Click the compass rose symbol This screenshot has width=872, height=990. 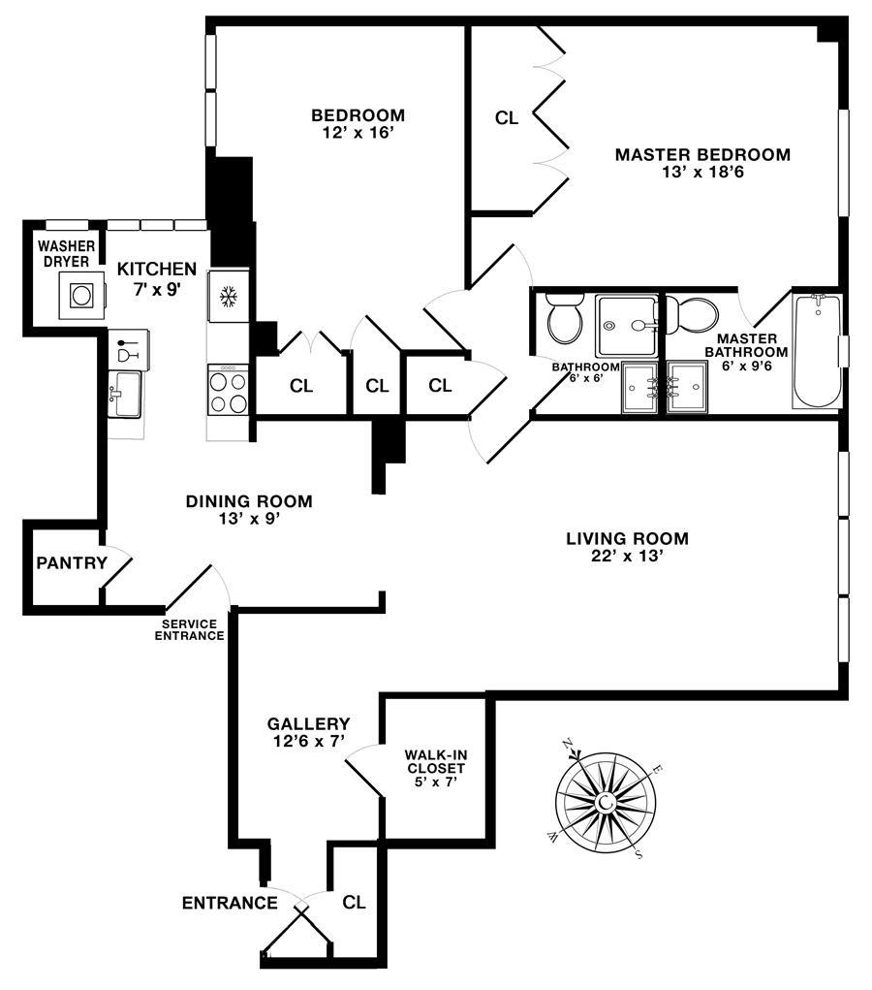pos(605,801)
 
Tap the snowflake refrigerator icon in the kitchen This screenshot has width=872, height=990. pos(229,297)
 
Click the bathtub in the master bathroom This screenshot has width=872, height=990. pos(817,351)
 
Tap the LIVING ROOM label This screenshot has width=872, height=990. pos(627,539)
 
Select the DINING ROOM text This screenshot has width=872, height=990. pos(249,501)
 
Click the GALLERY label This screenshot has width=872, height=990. pos(308,723)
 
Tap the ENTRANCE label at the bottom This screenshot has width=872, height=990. pos(230,904)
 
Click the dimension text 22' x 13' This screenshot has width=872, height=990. pos(627,557)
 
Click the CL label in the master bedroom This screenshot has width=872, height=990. pos(507,118)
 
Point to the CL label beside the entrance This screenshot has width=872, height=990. pos(355,902)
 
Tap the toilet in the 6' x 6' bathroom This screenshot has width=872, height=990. pos(563,321)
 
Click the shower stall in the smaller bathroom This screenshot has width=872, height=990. pos(625,325)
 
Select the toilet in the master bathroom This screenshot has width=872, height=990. pos(694,313)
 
